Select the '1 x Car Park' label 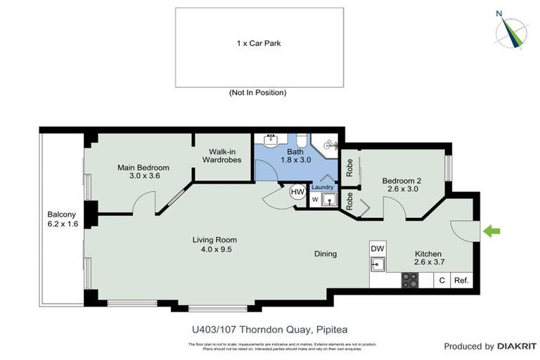pos(259,44)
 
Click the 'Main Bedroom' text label pos(143,167)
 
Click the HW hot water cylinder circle pos(297,192)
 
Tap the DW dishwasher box pos(378,248)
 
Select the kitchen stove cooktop pos(410,281)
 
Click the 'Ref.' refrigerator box pos(461,281)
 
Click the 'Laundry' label pos(322,187)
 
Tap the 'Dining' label pos(326,254)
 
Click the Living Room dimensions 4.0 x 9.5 pos(212,249)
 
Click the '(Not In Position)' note pos(258,93)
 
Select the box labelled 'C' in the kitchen pos(442,281)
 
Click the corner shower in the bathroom pos(326,146)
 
